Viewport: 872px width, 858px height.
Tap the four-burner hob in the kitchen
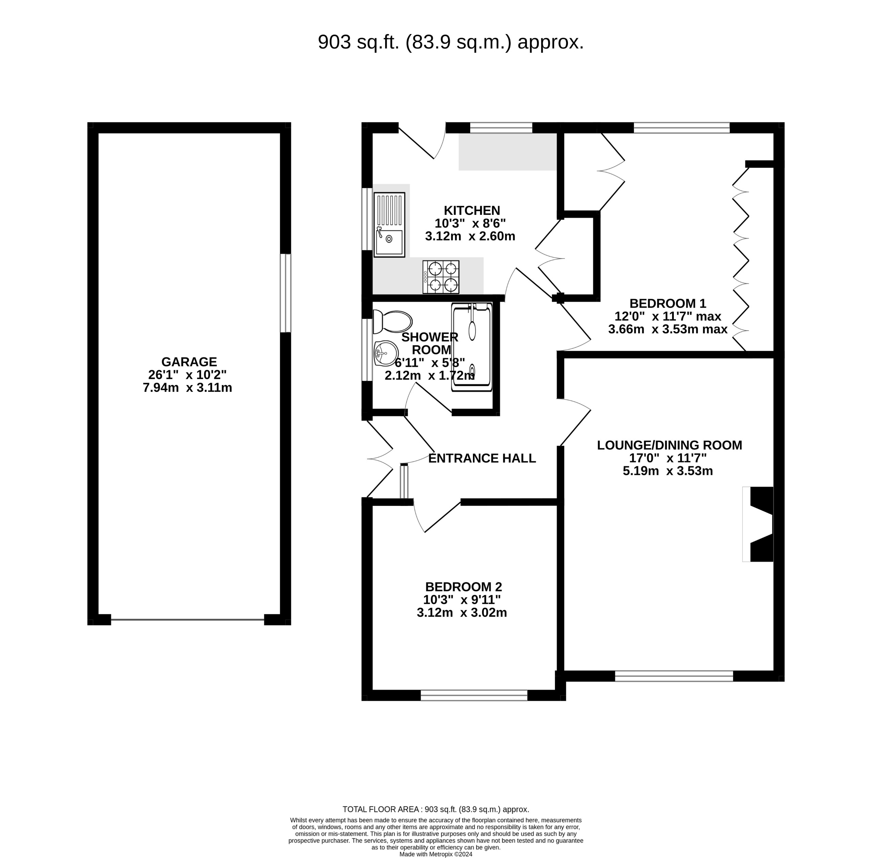[440, 277]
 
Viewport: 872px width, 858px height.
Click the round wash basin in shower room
[386, 353]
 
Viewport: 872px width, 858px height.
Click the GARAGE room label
[189, 362]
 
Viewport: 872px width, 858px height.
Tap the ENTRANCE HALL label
[481, 458]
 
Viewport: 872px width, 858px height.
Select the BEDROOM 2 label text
[463, 587]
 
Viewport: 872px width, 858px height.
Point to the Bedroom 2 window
[474, 695]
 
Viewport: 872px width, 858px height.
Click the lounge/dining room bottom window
[674, 676]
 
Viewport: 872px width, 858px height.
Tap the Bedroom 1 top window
[681, 128]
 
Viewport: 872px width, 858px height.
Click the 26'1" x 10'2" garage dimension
[187, 375]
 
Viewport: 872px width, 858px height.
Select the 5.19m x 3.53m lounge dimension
[667, 471]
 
